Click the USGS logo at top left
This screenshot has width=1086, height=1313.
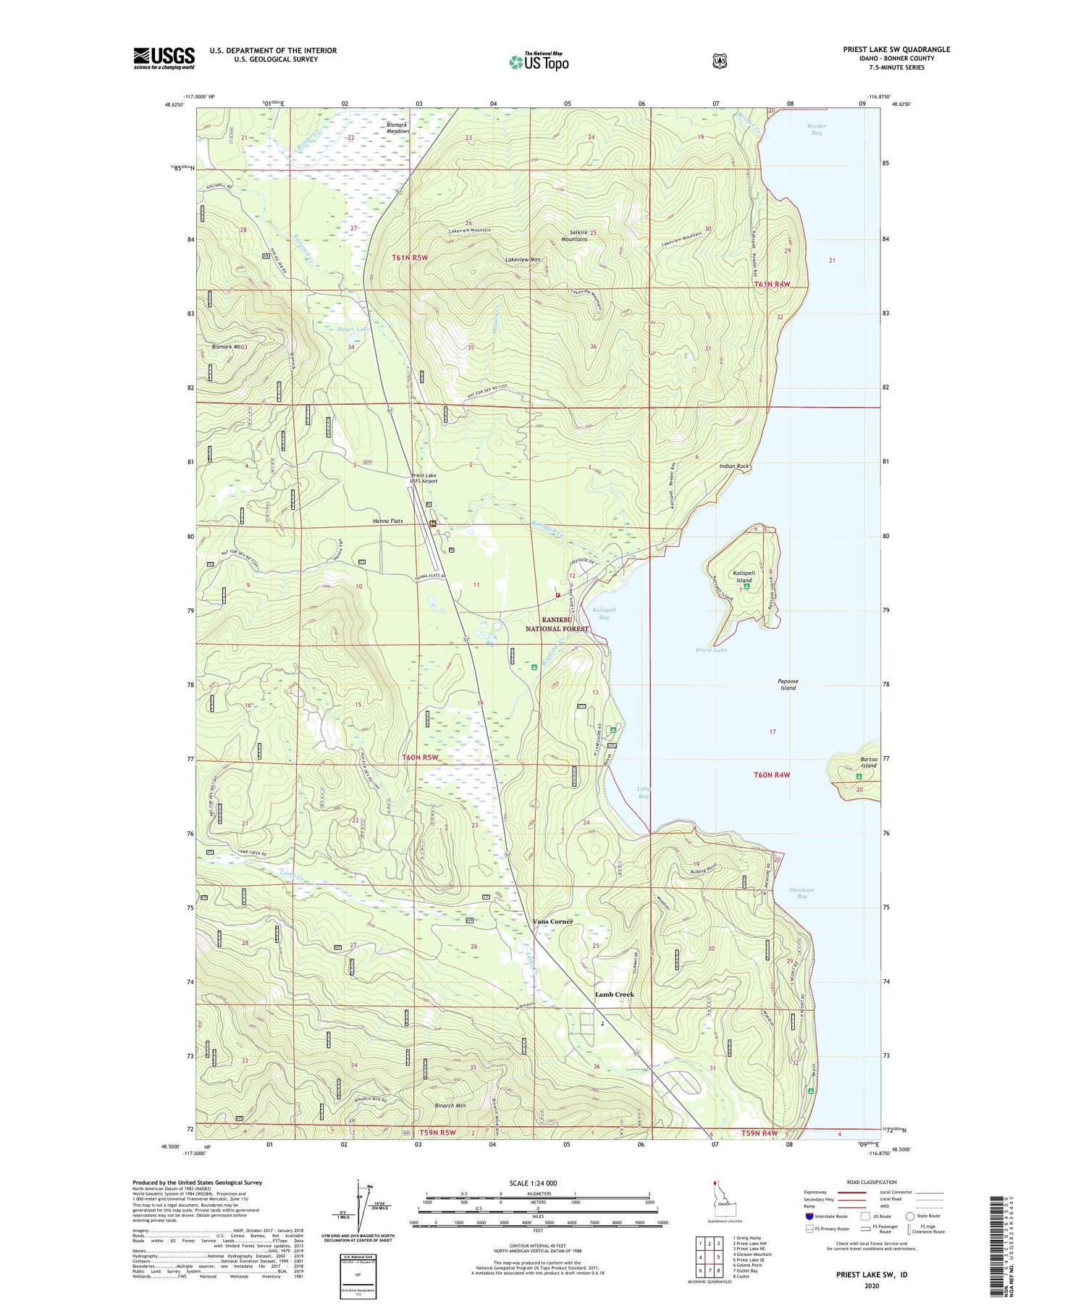tap(164, 58)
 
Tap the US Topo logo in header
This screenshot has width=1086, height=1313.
tap(539, 62)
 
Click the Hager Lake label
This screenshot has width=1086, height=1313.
tap(353, 330)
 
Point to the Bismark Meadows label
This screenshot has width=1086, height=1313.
tap(398, 128)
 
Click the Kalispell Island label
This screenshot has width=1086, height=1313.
tap(744, 576)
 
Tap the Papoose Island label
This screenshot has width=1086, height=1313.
tap(788, 684)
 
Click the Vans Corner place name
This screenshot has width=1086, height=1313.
tap(552, 921)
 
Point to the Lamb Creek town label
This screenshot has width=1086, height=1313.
tap(614, 994)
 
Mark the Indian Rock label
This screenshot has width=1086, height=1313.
tap(734, 466)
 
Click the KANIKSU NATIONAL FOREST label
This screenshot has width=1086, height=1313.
tap(557, 624)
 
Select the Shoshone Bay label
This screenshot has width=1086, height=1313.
tap(801, 893)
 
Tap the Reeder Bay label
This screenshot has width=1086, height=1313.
tap(817, 129)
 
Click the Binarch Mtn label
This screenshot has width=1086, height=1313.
tap(450, 1106)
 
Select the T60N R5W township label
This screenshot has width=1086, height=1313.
tap(421, 758)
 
